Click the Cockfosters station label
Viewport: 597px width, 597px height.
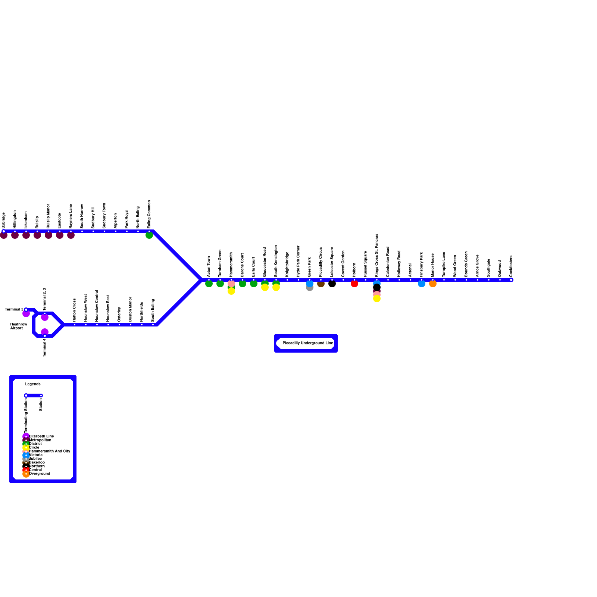point(511,266)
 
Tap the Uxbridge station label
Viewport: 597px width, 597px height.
point(4,220)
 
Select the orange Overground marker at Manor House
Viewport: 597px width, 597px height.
point(433,284)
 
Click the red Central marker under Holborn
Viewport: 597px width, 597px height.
point(354,284)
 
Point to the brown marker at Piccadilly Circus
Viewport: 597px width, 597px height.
point(321,284)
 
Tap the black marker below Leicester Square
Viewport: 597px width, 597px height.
point(332,284)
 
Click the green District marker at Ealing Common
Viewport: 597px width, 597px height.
point(149,235)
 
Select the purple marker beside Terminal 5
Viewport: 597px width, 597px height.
point(26,314)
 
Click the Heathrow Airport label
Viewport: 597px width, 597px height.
point(18,326)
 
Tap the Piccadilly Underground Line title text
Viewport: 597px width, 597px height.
point(308,343)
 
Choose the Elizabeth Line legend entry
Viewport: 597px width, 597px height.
point(41,436)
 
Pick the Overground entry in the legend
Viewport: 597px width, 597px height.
point(39,473)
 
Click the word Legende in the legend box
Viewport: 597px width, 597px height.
point(33,384)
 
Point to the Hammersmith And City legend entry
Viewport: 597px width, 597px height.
point(49,451)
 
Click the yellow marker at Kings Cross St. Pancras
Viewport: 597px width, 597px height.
point(377,298)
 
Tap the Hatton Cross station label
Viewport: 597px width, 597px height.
point(75,310)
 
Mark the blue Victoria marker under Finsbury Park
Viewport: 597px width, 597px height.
point(422,284)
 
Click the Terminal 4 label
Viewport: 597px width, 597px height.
point(45,347)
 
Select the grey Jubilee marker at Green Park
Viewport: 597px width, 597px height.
point(310,288)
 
